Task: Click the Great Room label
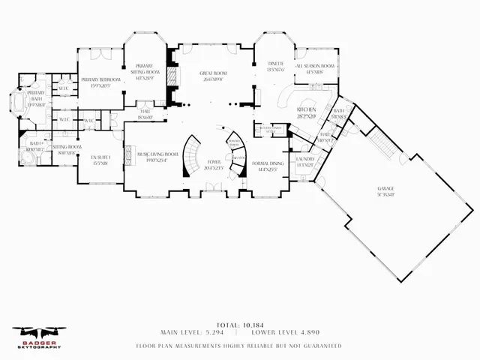(213, 76)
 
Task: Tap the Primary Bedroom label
(100, 82)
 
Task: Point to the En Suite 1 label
(100, 160)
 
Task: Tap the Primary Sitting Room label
(145, 71)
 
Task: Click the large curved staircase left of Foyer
(193, 154)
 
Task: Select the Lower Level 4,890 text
(283, 331)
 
